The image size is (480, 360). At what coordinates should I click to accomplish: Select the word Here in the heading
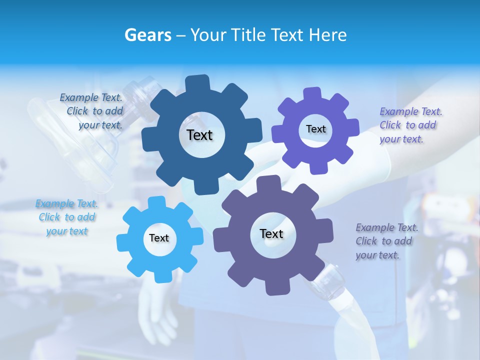point(327,35)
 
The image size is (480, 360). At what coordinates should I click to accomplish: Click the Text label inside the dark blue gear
point(199,135)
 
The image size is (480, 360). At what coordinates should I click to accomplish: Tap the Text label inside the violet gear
point(315,129)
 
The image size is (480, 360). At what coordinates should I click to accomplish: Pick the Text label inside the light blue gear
point(159,238)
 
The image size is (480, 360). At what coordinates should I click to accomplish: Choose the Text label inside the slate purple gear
point(271,233)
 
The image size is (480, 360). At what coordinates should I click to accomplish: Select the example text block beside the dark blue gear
point(92,111)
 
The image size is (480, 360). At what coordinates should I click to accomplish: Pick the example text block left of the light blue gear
point(67,217)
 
